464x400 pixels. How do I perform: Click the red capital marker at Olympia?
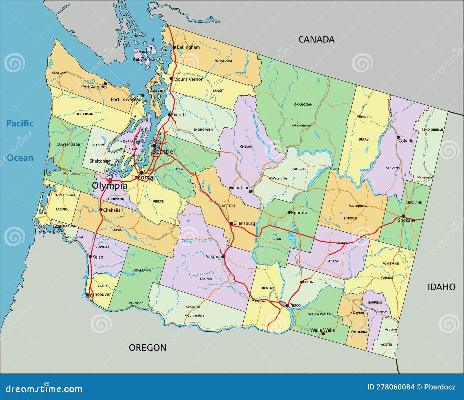[110, 181]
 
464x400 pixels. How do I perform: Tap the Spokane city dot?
[403, 216]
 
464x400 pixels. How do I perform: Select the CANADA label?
[316, 39]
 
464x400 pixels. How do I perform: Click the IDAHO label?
[441, 287]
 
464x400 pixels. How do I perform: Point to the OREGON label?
[148, 348]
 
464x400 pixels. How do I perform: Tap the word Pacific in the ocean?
[20, 123]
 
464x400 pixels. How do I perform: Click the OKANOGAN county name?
[303, 105]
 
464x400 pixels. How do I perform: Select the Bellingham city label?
[188, 47]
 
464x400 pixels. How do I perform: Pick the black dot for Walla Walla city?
[323, 334]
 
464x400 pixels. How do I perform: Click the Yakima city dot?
[223, 257]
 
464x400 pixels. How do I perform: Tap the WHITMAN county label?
[391, 264]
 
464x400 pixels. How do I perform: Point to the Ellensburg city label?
[244, 223]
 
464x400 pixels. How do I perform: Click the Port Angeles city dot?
[105, 83]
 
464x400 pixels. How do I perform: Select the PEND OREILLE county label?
[432, 129]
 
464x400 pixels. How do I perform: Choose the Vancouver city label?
[100, 294]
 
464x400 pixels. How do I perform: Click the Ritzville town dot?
[346, 243]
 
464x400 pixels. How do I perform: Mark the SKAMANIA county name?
[142, 271]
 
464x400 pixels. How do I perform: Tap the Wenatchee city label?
[240, 188]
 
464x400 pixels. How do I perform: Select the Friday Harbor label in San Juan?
[144, 60]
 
